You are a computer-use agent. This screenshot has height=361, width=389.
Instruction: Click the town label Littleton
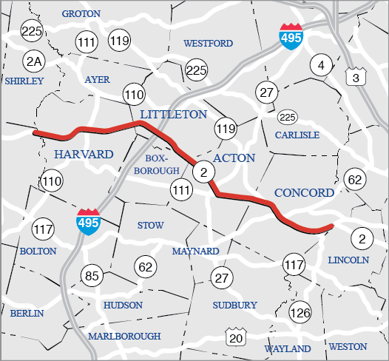pos(174,114)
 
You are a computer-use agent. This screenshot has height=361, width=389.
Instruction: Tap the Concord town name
pos(304,193)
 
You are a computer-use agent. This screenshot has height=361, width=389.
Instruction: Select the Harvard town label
pos(84,154)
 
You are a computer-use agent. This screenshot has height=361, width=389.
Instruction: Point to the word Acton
pos(234,158)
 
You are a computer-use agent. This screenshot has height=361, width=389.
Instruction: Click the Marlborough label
pos(124,336)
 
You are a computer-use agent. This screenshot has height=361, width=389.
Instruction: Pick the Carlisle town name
pos(297,135)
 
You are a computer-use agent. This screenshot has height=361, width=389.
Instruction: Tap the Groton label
pos(81,14)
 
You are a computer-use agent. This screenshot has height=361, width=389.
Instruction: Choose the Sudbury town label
pos(234,305)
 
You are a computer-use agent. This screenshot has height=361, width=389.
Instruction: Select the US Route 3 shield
pos(355,75)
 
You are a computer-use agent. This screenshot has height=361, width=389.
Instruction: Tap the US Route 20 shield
pos(236,337)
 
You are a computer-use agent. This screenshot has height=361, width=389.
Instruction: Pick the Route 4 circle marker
pos(320,64)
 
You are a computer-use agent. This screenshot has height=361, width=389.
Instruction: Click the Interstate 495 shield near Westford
pos(291,37)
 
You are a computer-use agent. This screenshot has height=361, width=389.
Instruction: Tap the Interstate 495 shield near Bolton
pos(88,222)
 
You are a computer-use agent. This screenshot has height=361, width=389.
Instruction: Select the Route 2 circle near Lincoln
pos(362,238)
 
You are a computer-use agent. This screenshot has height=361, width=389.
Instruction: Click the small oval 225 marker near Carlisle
pos(287,117)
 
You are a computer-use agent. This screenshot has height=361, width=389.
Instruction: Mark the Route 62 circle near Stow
pos(145,266)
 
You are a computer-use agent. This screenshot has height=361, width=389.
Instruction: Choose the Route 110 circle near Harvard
pos(52,180)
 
